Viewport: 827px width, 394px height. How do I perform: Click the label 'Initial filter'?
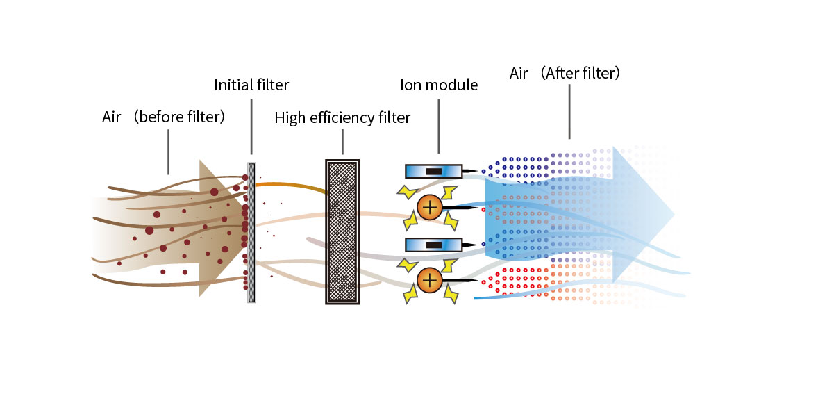point(251,85)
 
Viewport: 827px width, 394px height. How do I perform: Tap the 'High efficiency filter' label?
point(342,117)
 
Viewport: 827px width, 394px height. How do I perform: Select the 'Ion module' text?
point(439,85)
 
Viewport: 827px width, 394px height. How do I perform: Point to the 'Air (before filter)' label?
point(164,117)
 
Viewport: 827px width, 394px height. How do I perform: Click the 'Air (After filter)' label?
point(565,73)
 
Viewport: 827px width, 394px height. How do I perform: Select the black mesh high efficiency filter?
point(342,231)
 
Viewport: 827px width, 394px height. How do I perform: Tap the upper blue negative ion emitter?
point(433,171)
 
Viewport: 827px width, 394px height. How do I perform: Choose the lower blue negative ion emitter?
point(433,245)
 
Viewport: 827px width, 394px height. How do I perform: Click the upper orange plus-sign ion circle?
point(430,207)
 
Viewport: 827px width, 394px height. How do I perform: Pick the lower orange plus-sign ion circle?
point(430,280)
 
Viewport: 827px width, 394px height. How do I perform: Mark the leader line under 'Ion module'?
point(439,125)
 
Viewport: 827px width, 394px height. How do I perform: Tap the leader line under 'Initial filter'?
point(251,125)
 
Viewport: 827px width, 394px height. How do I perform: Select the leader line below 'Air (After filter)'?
point(569,111)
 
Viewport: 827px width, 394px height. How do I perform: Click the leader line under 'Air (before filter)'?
point(168,149)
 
